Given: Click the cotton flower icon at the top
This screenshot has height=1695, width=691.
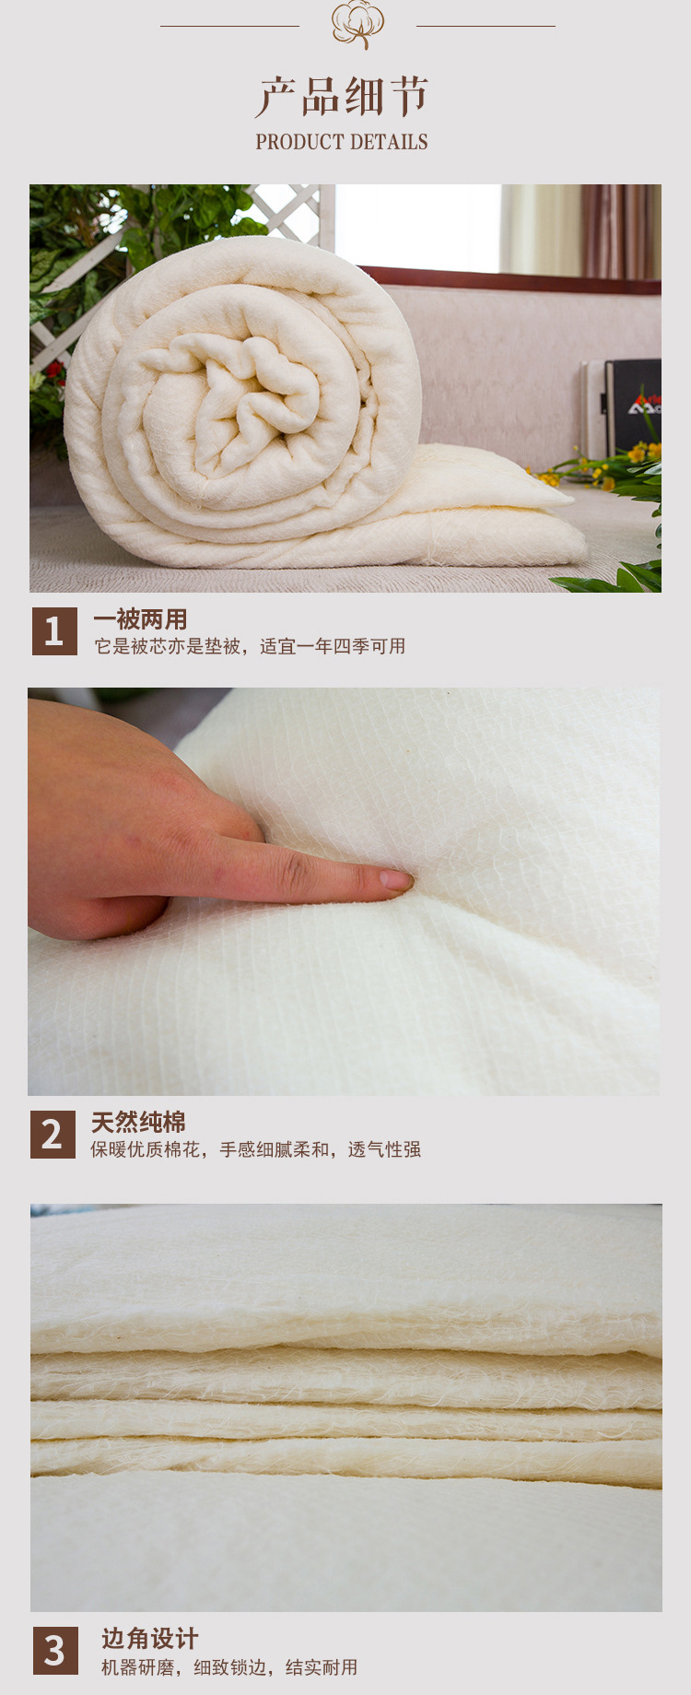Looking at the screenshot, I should point(357,24).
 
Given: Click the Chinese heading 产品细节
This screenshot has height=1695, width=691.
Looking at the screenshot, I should point(343,97).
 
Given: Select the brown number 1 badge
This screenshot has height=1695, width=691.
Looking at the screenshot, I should point(54,631).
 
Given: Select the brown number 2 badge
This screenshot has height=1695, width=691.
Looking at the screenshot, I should point(53,1135).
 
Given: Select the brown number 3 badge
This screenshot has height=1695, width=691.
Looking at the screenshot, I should point(55,1651).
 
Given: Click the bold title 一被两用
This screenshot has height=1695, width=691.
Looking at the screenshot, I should point(140,619).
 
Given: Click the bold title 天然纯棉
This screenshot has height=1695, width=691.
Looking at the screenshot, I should point(138,1122).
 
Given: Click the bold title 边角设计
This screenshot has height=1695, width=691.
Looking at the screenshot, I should point(149,1638).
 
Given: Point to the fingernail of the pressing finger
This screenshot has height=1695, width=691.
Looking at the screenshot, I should point(397,880).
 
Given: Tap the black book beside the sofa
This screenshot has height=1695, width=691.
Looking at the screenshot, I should point(633,406).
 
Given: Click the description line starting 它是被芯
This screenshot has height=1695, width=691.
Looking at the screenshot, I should point(250,646).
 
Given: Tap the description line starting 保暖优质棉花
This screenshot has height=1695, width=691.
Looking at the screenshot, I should point(255,1149).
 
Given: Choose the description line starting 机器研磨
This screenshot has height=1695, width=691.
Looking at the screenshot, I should point(229,1667).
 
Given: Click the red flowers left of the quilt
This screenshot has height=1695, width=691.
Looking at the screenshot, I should point(53,373).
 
